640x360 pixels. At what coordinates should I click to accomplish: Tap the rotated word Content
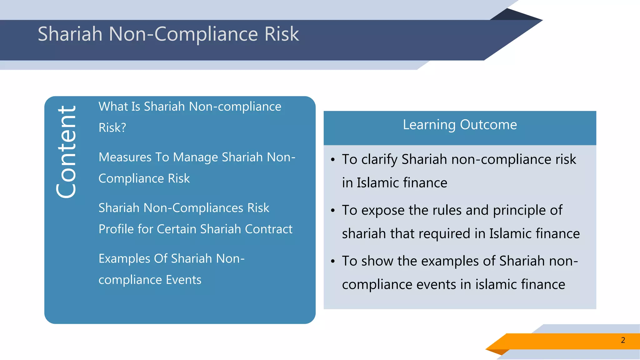click(x=66, y=152)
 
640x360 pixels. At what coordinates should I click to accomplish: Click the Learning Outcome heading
click(x=460, y=125)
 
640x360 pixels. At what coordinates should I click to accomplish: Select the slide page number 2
click(x=623, y=340)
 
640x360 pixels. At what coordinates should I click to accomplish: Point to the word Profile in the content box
click(x=116, y=229)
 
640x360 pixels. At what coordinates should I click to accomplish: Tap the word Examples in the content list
click(x=124, y=259)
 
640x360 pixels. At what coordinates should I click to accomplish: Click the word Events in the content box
click(x=183, y=280)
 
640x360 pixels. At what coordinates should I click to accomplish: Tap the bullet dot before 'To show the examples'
click(x=333, y=261)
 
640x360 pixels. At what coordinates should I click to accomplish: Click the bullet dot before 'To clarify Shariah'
click(x=333, y=160)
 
